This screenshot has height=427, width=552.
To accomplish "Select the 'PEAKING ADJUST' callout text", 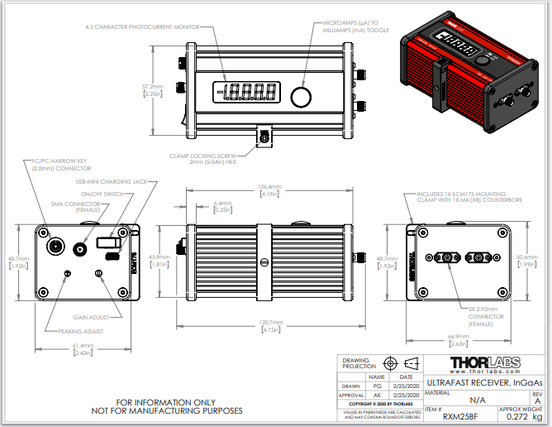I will pyautogui.click(x=82, y=331).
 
